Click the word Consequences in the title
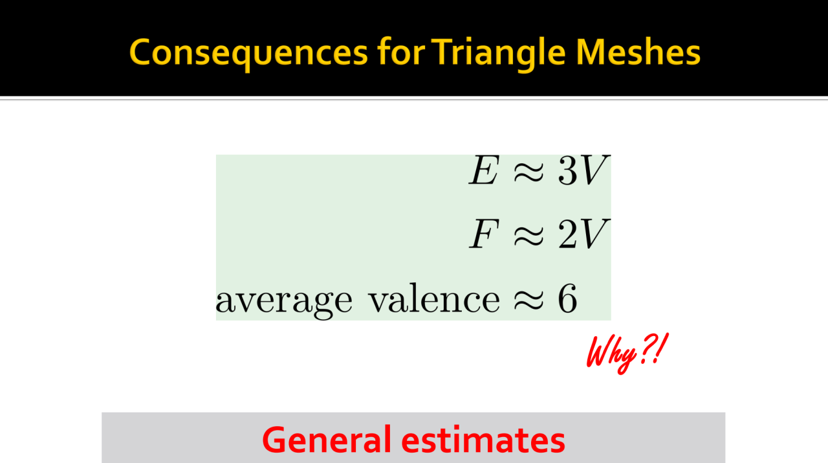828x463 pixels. coord(248,52)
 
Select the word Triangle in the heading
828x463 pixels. coord(499,54)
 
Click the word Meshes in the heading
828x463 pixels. coord(638,52)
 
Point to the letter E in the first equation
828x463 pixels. coord(485,170)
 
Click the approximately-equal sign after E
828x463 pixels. coord(529,173)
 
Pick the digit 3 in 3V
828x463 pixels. coord(568,170)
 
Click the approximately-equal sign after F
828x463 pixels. coord(529,236)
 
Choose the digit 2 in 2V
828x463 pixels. coord(568,233)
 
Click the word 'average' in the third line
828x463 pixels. coord(284,302)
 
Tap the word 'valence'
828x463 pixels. coord(435,299)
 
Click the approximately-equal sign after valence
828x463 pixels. coord(529,300)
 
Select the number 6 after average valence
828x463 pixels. coord(568,299)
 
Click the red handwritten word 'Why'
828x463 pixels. coord(611,354)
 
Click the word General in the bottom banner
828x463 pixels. coord(327,440)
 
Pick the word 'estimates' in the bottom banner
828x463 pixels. coord(483,440)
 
